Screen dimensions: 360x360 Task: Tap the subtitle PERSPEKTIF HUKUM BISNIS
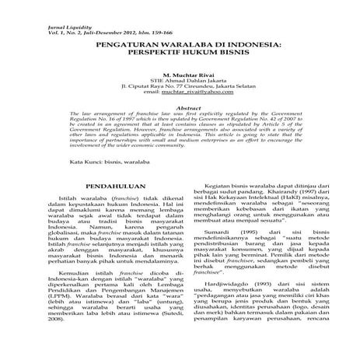[x=179, y=57]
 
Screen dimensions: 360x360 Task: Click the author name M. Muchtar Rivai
[x=180, y=76]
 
